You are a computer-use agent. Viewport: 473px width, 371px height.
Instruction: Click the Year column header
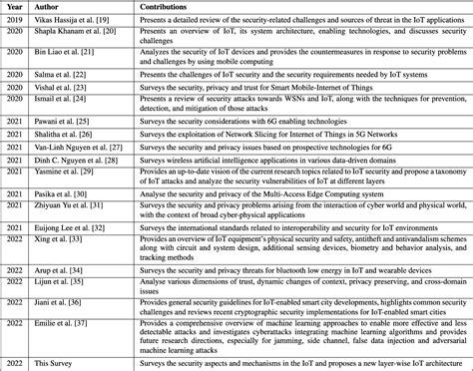pyautogui.click(x=15, y=5)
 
